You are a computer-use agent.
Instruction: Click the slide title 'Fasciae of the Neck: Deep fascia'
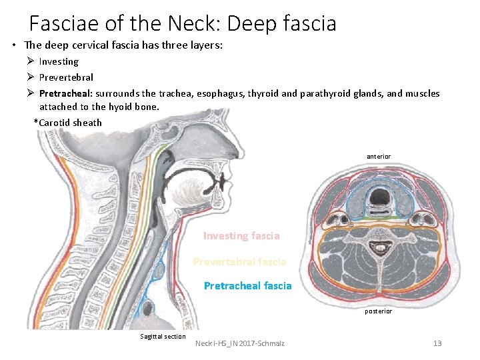[183, 24]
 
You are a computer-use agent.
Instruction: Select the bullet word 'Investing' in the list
[59, 61]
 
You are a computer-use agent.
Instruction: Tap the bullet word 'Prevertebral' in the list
[66, 77]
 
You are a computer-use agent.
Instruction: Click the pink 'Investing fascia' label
[241, 236]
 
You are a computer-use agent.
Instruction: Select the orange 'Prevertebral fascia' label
[239, 262]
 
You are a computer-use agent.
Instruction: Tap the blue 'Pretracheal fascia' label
[247, 286]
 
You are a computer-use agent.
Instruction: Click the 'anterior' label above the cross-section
[379, 157]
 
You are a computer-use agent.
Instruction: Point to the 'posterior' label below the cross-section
[378, 311]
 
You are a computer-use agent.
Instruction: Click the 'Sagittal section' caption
[163, 336]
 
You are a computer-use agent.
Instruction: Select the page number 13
[437, 343]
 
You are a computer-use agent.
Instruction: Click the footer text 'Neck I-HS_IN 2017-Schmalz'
[240, 343]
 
